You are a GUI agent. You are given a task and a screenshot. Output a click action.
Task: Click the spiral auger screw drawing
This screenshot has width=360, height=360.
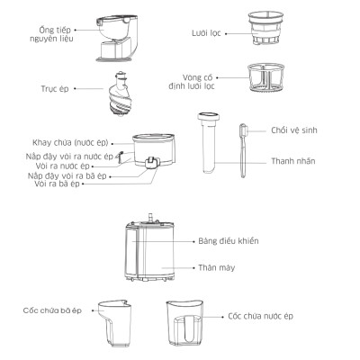117,92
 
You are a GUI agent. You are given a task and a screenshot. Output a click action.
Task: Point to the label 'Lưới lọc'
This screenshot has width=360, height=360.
206,31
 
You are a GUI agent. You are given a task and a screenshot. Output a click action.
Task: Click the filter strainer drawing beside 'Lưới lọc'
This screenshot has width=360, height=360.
263,32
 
